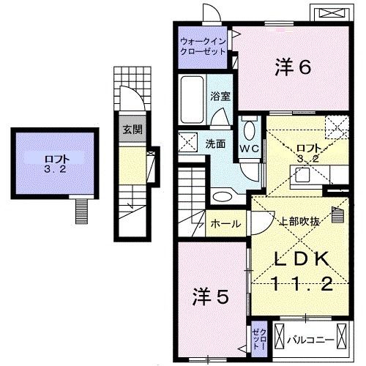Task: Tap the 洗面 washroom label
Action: tap(215, 143)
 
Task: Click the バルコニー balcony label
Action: tap(310, 340)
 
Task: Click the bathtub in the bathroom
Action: tap(191, 100)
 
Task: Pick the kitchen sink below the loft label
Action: tap(300, 173)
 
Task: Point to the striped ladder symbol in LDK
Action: tap(337, 215)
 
